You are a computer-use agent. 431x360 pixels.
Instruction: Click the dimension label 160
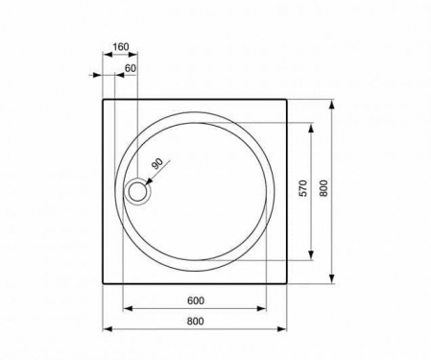point(120,46)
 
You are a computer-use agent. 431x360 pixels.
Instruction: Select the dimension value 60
point(131,68)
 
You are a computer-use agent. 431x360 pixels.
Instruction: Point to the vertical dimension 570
point(302,190)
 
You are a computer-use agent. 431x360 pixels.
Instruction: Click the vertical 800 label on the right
point(324,190)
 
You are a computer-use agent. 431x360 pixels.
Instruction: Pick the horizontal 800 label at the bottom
point(196,320)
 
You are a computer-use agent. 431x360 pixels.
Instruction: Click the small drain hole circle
point(138,191)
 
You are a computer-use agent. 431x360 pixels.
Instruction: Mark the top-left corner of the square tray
point(103,98)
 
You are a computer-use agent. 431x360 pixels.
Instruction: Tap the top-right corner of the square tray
point(288,98)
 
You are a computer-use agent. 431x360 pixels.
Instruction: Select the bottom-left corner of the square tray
point(103,283)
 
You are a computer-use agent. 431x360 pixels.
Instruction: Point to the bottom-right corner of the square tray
point(288,283)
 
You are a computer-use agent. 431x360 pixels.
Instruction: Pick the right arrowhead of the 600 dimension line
point(265,308)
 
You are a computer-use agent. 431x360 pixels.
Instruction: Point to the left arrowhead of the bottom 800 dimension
point(106,329)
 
